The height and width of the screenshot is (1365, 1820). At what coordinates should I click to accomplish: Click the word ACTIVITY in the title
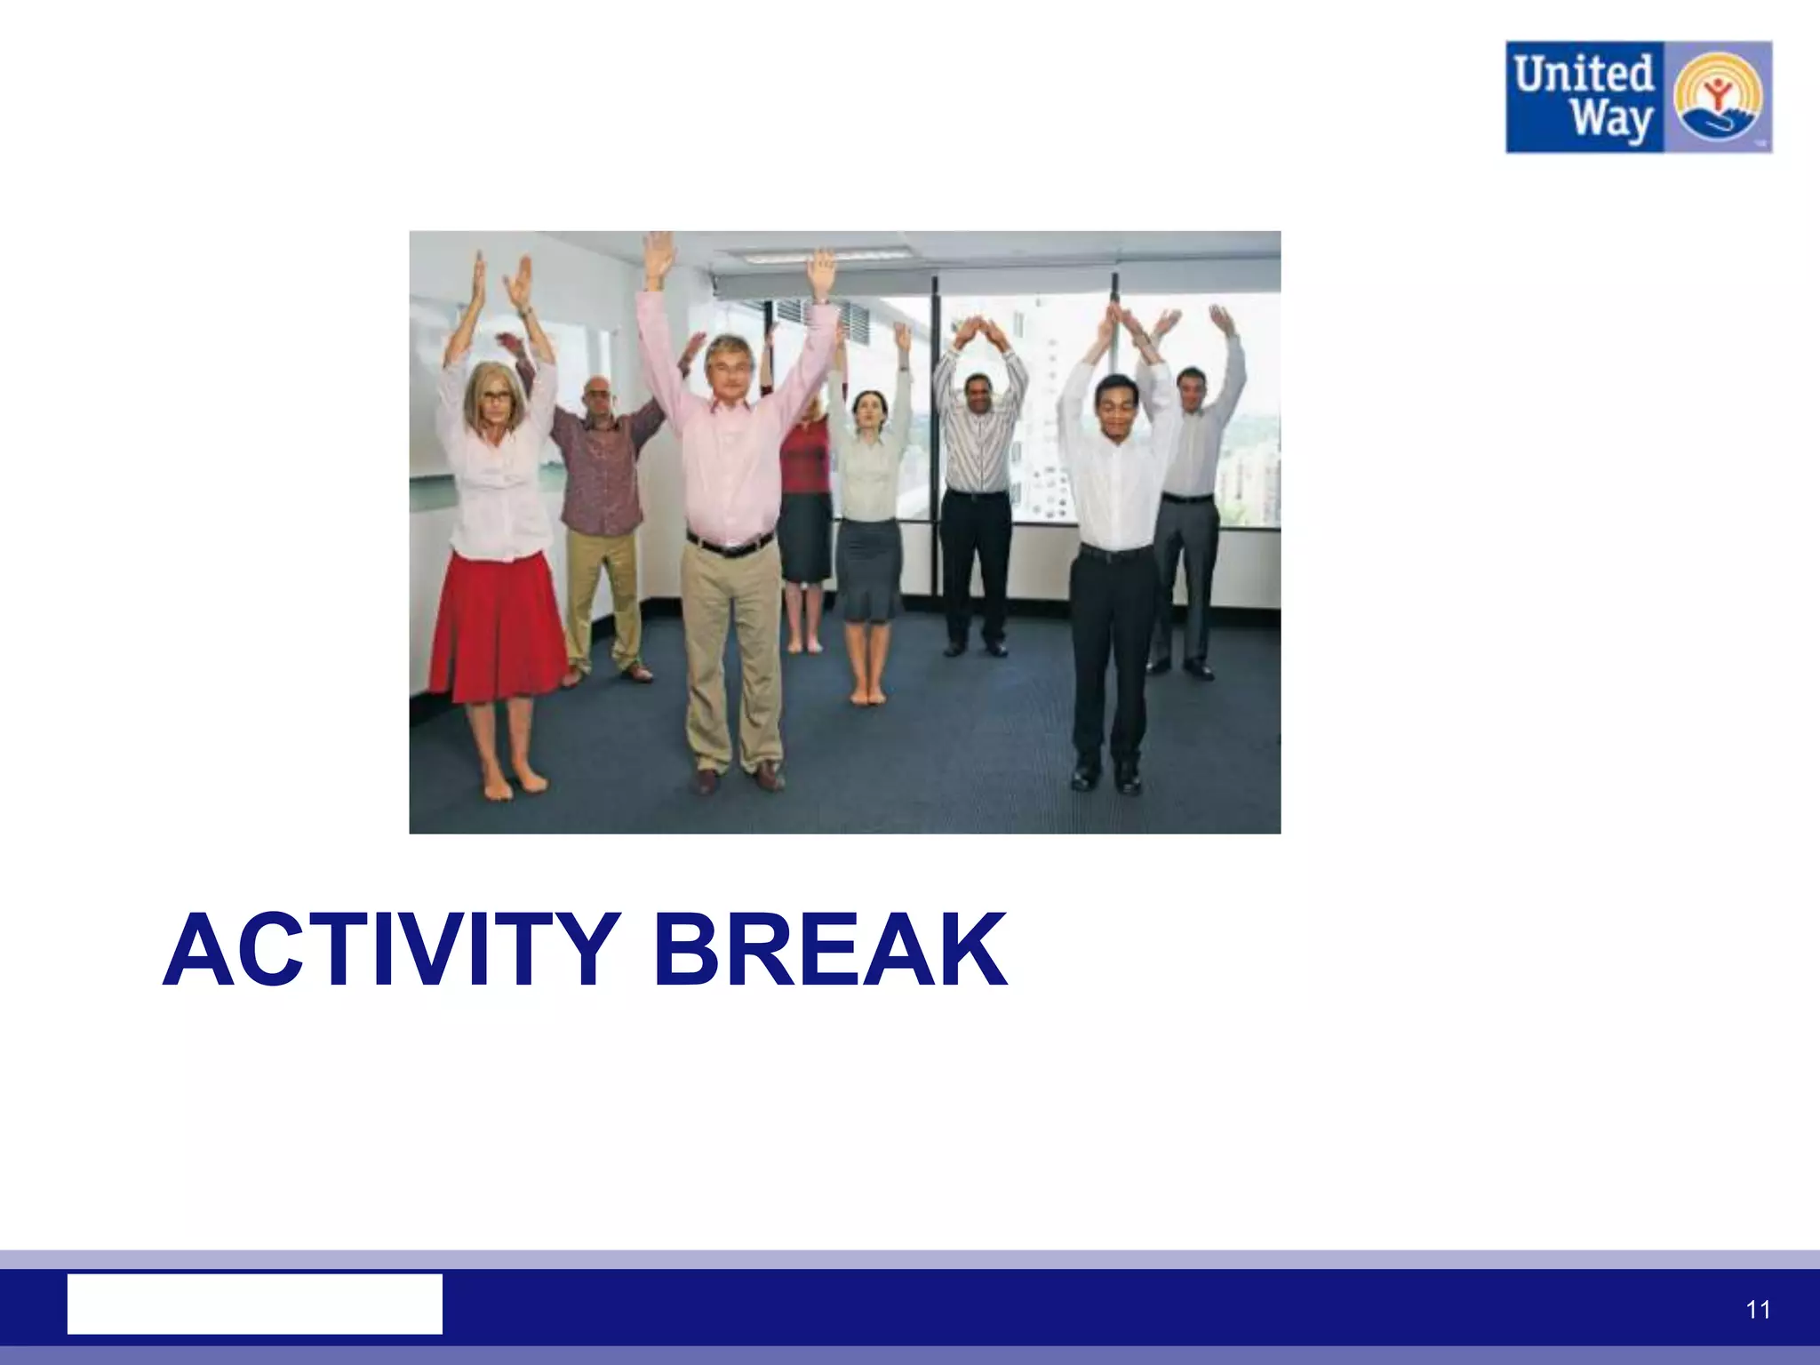point(391,951)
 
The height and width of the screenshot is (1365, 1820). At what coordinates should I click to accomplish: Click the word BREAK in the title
point(831,951)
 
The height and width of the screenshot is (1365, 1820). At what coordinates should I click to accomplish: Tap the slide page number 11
point(1758,1310)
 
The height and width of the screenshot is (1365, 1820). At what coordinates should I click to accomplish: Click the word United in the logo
point(1584,73)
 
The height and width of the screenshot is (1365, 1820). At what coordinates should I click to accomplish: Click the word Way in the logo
point(1609,121)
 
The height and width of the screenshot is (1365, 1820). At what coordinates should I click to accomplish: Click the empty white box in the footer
point(254,1304)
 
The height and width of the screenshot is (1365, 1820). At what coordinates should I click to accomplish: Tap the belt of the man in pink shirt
point(730,544)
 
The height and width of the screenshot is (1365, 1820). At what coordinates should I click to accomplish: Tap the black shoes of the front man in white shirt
point(1105,777)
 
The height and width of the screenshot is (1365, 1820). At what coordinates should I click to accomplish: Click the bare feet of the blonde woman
point(514,785)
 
